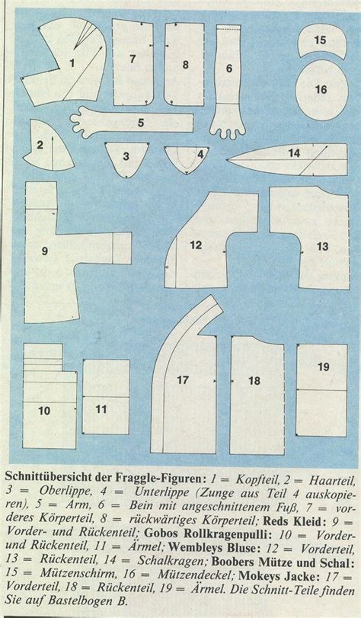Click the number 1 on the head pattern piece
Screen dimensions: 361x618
point(72,63)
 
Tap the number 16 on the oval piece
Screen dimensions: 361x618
point(321,89)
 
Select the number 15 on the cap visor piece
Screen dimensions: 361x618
point(321,40)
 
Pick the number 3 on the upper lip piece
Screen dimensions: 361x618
point(126,156)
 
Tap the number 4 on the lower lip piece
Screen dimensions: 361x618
point(200,155)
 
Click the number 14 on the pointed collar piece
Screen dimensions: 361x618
point(294,153)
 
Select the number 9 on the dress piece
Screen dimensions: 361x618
point(45,251)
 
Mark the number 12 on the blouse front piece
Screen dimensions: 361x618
point(196,245)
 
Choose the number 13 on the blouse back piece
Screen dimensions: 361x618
point(322,247)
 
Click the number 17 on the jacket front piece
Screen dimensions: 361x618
point(183,380)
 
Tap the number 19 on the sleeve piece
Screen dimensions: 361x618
point(323,367)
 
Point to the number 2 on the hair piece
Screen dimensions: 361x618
point(40,145)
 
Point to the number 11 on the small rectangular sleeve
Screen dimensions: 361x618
point(101,409)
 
